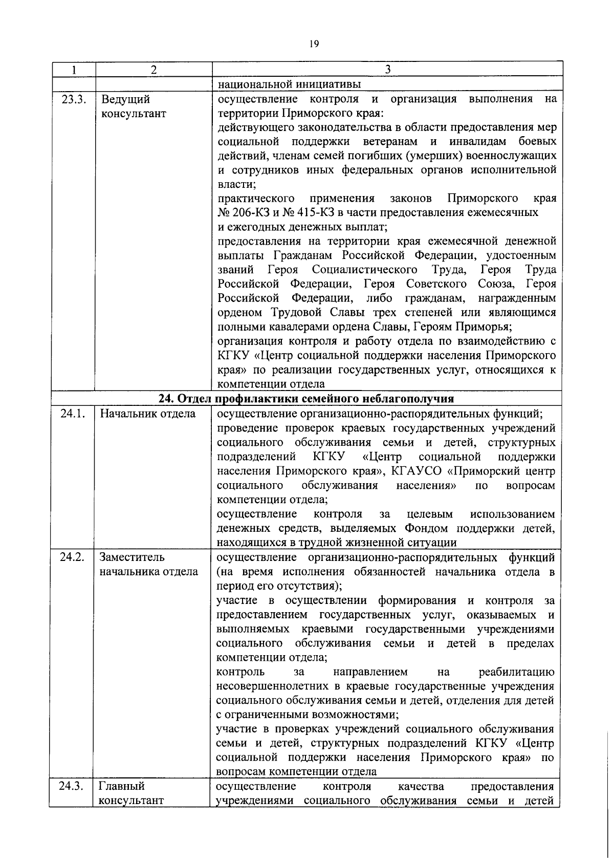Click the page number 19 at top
click(x=314, y=45)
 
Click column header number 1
click(x=74, y=70)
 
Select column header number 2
click(x=153, y=70)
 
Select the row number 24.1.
click(x=72, y=414)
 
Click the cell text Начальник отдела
click(x=147, y=414)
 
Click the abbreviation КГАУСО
click(x=415, y=471)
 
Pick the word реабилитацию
click(x=516, y=672)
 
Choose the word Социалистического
click(x=364, y=270)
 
